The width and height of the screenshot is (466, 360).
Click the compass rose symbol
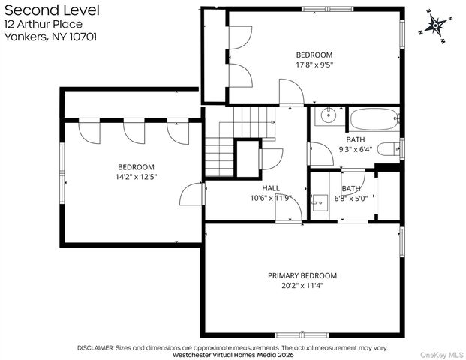[x=435, y=25]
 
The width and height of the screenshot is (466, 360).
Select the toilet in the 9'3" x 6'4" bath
[x=389, y=149]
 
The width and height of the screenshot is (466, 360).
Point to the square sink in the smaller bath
[x=320, y=203]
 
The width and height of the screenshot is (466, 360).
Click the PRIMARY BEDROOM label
[x=302, y=276]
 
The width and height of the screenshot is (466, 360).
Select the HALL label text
[x=271, y=188]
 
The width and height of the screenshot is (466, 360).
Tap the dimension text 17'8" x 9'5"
[x=314, y=64]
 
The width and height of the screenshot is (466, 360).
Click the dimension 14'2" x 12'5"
[x=136, y=177]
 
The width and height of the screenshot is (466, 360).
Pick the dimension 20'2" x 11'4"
[x=302, y=286]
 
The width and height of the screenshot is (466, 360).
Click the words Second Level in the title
[x=52, y=10]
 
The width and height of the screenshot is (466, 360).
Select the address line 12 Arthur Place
[x=44, y=24]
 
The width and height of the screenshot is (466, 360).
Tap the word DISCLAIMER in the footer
[x=95, y=347]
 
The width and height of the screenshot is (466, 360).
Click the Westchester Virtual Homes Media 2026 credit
[x=233, y=355]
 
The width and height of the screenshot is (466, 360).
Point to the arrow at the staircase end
[x=272, y=122]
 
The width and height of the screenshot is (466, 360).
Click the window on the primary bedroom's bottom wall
[x=302, y=335]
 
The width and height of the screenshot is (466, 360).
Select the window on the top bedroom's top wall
[x=328, y=9]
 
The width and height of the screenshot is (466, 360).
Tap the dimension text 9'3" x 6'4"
[x=356, y=149]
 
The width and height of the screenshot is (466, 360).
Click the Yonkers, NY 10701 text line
[x=50, y=37]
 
